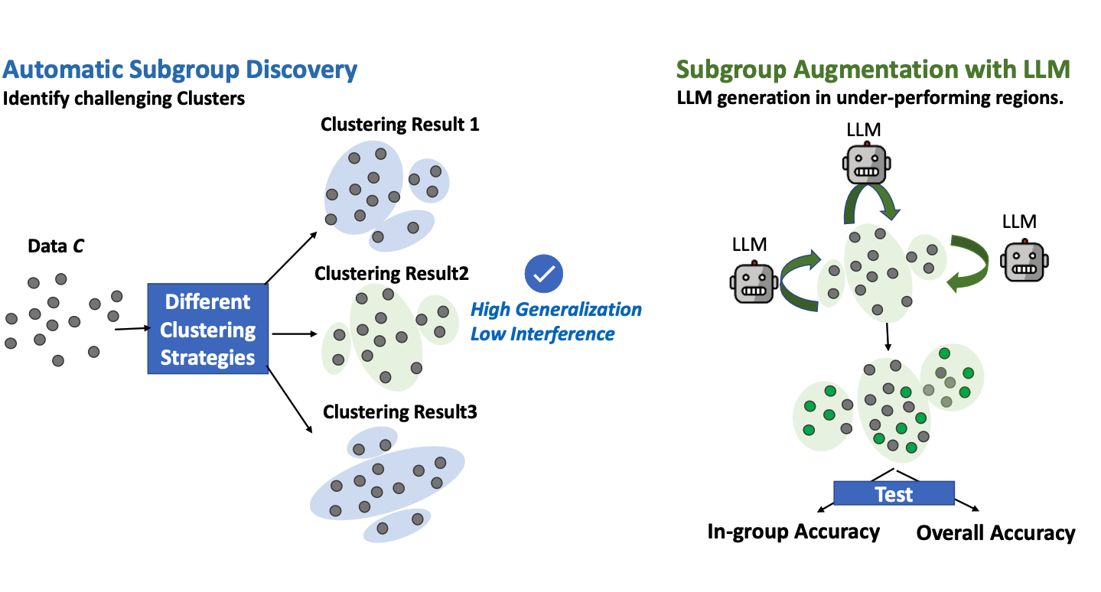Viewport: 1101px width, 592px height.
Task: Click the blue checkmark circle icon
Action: pyautogui.click(x=544, y=273)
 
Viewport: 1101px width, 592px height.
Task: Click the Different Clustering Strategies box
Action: pyautogui.click(x=207, y=329)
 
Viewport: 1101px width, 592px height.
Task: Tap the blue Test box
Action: pyautogui.click(x=894, y=493)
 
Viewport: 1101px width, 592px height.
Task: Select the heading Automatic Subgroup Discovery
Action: pyautogui.click(x=180, y=70)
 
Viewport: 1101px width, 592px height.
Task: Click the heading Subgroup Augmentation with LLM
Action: pyautogui.click(x=873, y=70)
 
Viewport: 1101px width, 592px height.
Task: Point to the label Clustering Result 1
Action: pyautogui.click(x=399, y=124)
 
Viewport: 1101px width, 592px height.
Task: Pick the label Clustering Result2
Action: pyautogui.click(x=392, y=273)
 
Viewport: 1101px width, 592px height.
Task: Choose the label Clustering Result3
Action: pyautogui.click(x=400, y=412)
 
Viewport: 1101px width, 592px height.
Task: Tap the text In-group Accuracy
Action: pyautogui.click(x=793, y=532)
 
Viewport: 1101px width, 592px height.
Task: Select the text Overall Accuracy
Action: pyautogui.click(x=995, y=533)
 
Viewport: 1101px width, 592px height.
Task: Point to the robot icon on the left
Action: pyautogui.click(x=754, y=281)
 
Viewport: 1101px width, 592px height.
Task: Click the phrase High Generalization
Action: pyautogui.click(x=555, y=310)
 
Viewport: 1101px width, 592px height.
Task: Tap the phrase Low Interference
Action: pyautogui.click(x=542, y=333)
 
